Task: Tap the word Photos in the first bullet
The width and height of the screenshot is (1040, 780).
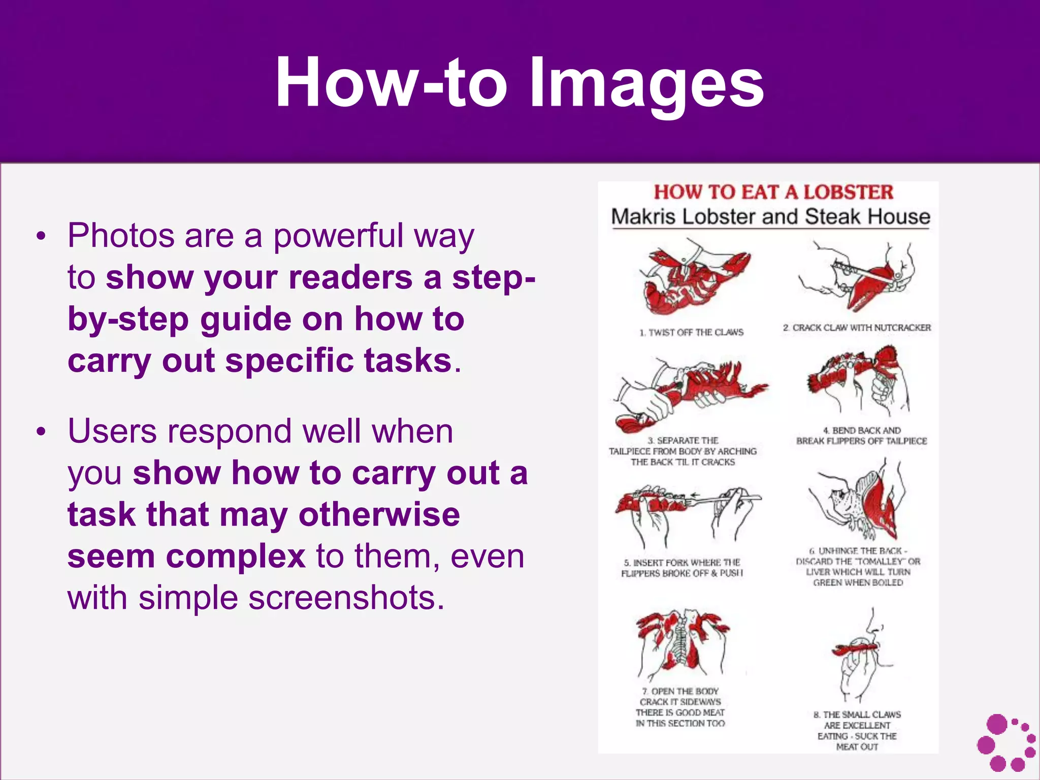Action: coord(121,236)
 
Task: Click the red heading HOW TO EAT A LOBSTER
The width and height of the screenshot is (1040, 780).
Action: coord(773,192)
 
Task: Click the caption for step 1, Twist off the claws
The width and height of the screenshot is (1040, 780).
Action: coord(691,333)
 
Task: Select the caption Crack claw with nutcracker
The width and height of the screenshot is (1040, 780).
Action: coord(857,328)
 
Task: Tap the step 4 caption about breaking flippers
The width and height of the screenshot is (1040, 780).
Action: coord(861,436)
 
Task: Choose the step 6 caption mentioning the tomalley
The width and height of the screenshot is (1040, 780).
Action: coord(858,567)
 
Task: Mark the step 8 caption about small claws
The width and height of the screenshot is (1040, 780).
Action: coord(857,730)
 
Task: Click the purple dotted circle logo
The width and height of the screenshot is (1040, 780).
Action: coord(1006,742)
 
